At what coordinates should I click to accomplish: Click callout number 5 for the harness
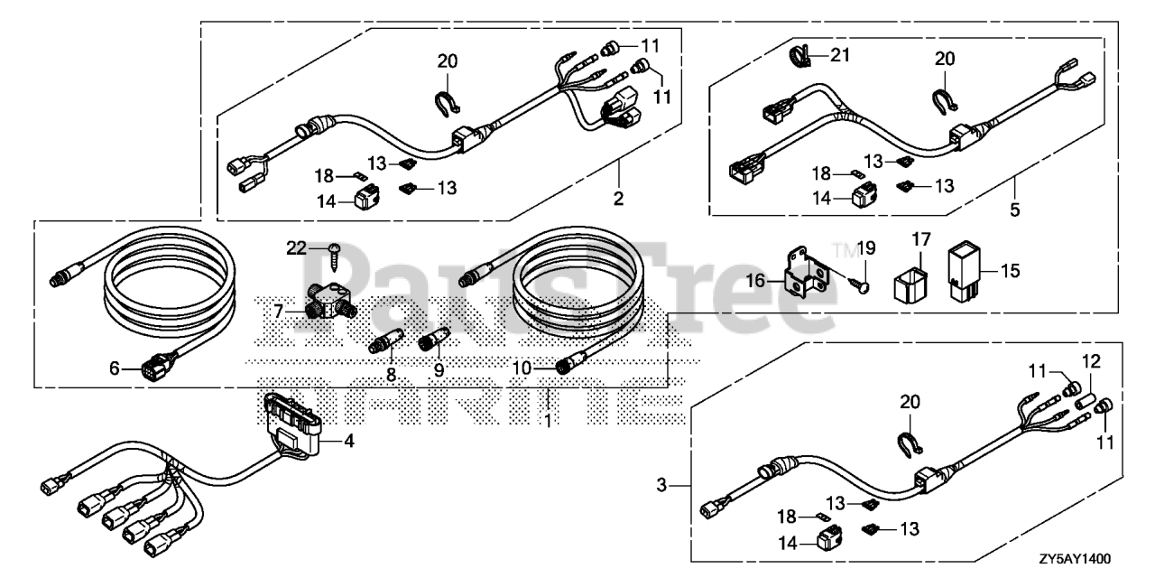tap(1015, 210)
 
